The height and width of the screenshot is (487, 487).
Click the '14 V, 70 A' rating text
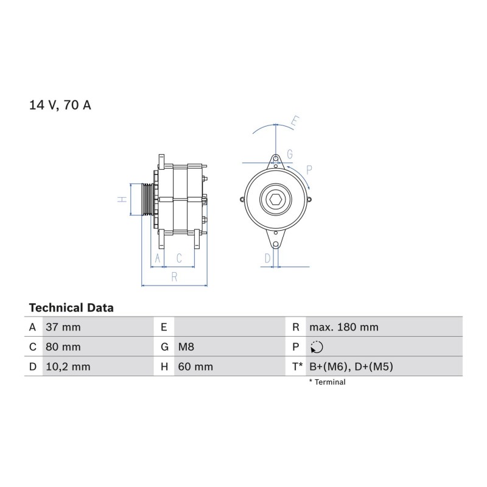tap(60, 105)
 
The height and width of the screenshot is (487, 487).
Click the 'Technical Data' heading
tap(71, 308)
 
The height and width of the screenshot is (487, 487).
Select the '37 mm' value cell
tap(63, 327)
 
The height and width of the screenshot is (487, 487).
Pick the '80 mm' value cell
tap(63, 347)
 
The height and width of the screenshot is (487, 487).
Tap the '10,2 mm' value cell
tap(68, 367)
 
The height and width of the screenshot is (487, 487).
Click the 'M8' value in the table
tap(186, 347)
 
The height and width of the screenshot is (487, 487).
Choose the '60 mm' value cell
tap(195, 367)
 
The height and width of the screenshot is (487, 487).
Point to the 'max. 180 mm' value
tap(344, 327)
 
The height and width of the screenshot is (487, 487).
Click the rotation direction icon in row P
tap(317, 347)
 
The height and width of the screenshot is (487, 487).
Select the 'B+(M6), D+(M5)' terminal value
tap(351, 367)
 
